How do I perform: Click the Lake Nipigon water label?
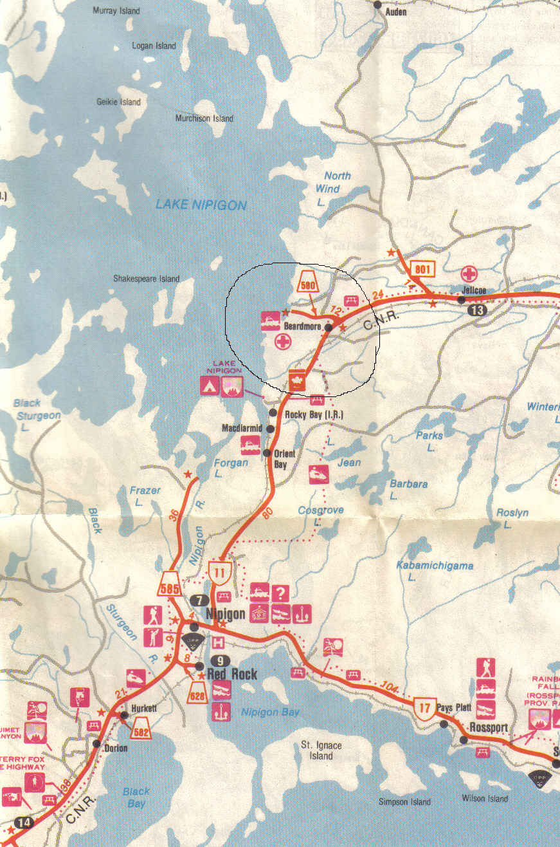click(201, 205)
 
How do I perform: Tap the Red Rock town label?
click(231, 675)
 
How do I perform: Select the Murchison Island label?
click(204, 118)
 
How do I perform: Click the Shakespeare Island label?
click(146, 279)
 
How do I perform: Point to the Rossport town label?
click(489, 727)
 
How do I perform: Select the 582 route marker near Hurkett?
click(141, 729)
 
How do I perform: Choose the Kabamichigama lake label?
click(435, 566)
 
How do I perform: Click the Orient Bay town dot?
click(267, 453)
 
